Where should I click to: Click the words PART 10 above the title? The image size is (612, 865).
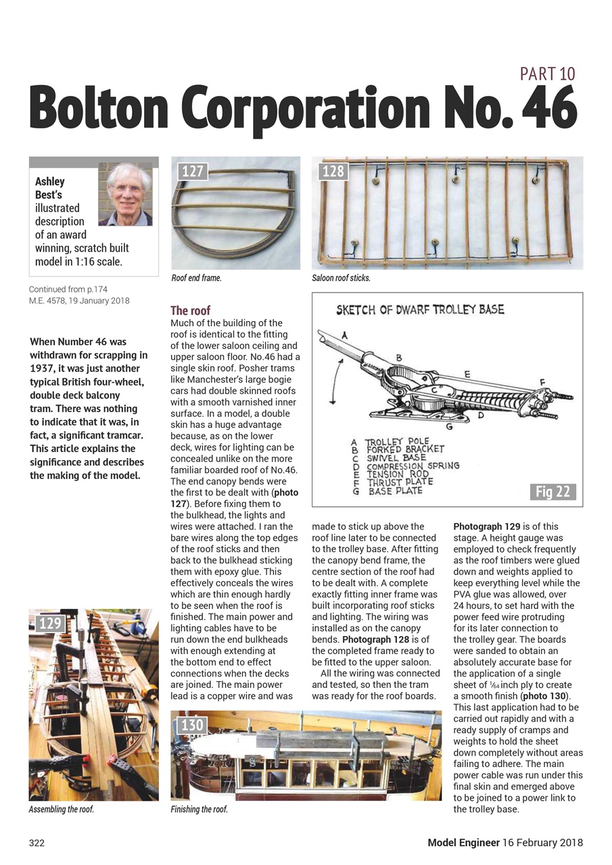click(547, 74)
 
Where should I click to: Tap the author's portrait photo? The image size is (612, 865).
click(125, 194)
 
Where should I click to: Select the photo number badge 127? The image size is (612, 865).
click(192, 172)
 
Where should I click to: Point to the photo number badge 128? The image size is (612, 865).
click(333, 172)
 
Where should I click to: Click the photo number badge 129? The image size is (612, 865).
click(50, 623)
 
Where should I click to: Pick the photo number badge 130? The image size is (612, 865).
click(192, 725)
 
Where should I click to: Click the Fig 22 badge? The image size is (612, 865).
click(552, 491)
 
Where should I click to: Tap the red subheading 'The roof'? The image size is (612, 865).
click(190, 311)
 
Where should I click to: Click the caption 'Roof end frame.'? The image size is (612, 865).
click(196, 278)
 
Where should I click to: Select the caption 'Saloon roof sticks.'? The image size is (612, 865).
click(341, 278)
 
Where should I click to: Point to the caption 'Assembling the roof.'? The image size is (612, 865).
click(61, 809)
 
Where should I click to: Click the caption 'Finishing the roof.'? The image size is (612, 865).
click(199, 809)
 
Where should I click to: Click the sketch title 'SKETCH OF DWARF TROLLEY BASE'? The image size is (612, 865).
click(420, 310)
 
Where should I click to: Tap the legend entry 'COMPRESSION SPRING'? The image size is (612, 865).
click(413, 466)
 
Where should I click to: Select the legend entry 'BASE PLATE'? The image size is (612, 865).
click(395, 491)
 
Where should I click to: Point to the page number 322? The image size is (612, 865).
click(37, 843)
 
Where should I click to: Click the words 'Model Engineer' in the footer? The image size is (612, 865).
click(463, 843)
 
